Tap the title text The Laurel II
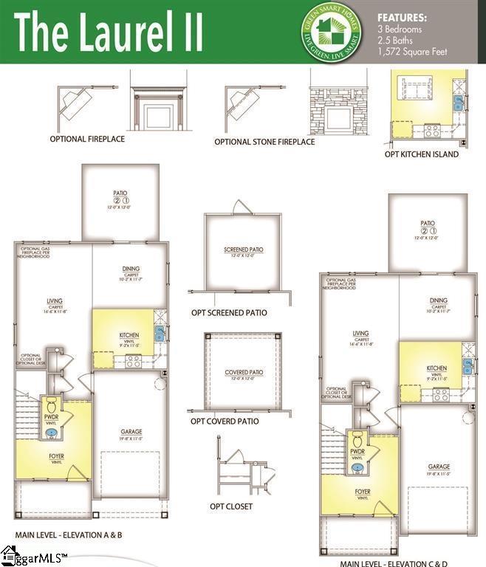[109, 32]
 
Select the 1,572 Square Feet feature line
[412, 52]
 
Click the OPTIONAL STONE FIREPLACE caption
[264, 142]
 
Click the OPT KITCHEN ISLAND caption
[422, 154]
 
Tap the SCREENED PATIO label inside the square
[243, 250]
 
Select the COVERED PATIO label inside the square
[244, 372]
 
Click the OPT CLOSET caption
[230, 506]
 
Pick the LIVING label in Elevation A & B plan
[54, 301]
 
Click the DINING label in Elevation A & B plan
[131, 269]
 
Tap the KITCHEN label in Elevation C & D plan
[437, 368]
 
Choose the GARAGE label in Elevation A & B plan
[131, 431]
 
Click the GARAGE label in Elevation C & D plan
[438, 467]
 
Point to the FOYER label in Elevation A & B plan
[57, 456]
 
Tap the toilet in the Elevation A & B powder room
[52, 406]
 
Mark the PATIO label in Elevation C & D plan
[427, 223]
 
